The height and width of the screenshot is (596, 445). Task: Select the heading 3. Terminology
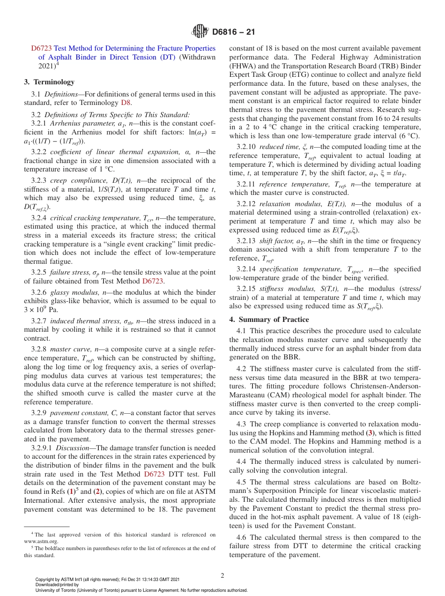(x=49, y=82)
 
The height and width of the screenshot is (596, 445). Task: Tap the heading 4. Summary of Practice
(x=269, y=320)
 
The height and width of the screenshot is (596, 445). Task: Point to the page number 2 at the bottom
(x=222, y=576)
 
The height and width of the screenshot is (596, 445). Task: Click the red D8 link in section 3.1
(x=126, y=103)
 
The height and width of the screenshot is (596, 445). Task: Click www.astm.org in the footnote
(x=37, y=541)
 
